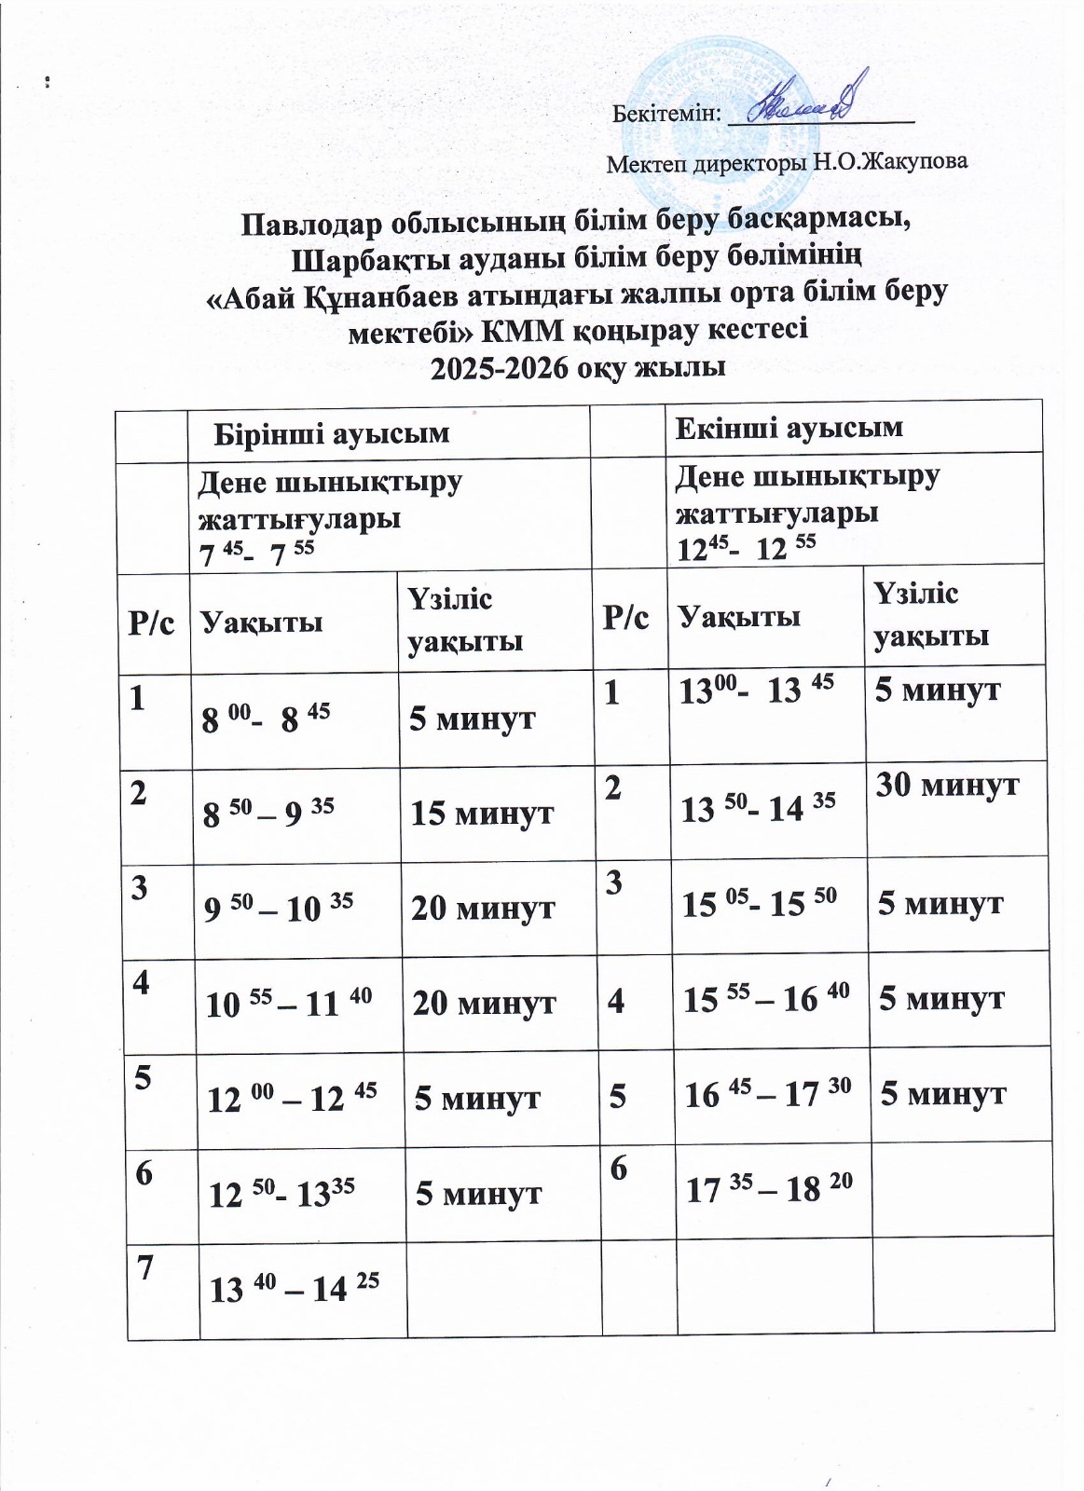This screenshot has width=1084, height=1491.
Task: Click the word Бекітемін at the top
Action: [666, 114]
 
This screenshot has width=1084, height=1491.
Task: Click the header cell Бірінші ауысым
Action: [332, 433]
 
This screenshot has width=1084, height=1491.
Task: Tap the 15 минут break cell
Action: [482, 814]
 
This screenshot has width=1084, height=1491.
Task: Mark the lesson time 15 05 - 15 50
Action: [759, 902]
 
